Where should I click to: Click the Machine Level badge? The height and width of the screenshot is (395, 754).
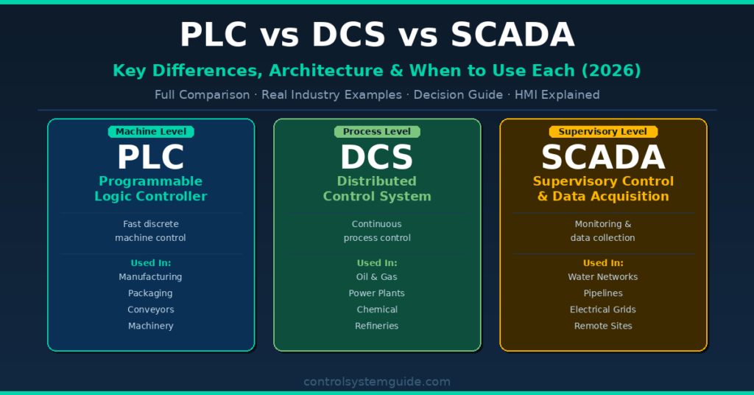[x=151, y=132]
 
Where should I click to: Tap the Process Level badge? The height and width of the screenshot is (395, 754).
[x=377, y=132]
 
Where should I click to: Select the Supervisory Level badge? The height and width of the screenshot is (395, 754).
[x=603, y=132]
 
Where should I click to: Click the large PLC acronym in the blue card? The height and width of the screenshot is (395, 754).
[x=151, y=157]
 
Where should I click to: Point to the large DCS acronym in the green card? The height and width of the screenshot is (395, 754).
[x=377, y=157]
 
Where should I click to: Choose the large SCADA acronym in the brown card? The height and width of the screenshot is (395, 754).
[x=603, y=157]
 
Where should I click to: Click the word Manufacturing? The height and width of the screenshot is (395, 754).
[x=150, y=277]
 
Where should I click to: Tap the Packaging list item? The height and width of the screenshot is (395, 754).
[x=150, y=293]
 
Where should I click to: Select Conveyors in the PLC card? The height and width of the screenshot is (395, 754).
[x=150, y=310]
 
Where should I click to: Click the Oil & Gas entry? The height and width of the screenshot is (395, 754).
[x=376, y=277]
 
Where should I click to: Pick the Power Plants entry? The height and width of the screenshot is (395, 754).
[x=376, y=293]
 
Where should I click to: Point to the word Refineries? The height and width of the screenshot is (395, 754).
[x=376, y=326]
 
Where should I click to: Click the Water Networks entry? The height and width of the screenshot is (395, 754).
[x=603, y=277]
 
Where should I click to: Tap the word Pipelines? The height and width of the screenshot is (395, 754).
[x=603, y=293]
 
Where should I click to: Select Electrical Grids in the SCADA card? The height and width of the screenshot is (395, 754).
[x=603, y=310]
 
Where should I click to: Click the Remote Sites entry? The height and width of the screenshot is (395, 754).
[x=603, y=326]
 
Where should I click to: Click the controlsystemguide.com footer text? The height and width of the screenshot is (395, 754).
[x=377, y=382]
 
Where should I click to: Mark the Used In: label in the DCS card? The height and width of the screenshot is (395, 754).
[x=377, y=263]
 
